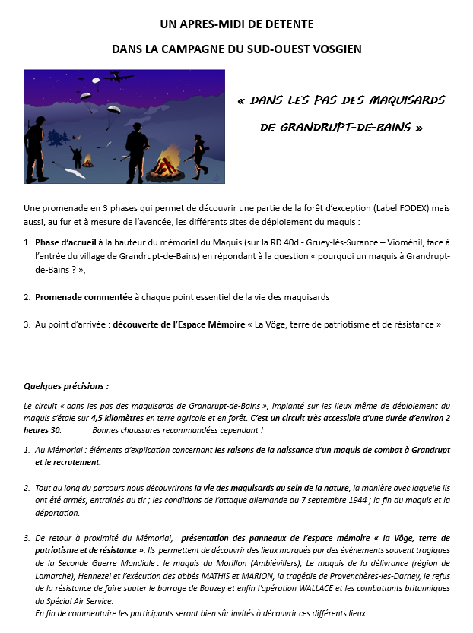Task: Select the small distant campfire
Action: pos(87,160)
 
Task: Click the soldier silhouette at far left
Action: pos(35,149)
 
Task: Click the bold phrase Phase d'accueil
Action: pos(65,242)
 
